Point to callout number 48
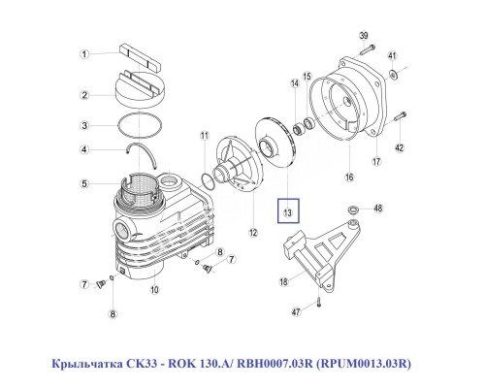[x=379, y=207]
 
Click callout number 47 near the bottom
[x=298, y=312]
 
